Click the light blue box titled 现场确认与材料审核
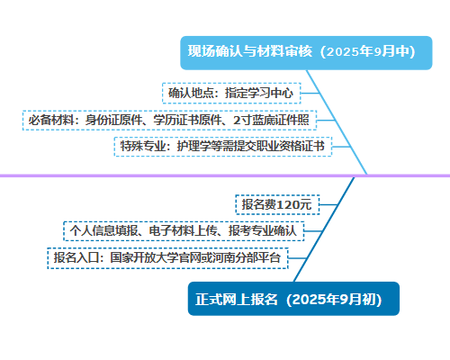tap(306, 53)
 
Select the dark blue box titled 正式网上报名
tap(293, 299)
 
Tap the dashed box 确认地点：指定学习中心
tap(231, 93)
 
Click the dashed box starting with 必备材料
tap(169, 121)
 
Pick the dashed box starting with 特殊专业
tap(223, 147)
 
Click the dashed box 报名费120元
tap(277, 204)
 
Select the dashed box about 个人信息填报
tap(184, 231)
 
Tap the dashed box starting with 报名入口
tap(167, 258)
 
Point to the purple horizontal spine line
tap(225, 175)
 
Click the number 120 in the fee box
tap(287, 205)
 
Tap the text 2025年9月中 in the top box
tap(368, 51)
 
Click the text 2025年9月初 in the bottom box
tap(334, 300)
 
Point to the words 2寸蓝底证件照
tap(271, 121)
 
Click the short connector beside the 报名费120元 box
tap(328, 204)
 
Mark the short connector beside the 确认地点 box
tap(310, 93)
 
